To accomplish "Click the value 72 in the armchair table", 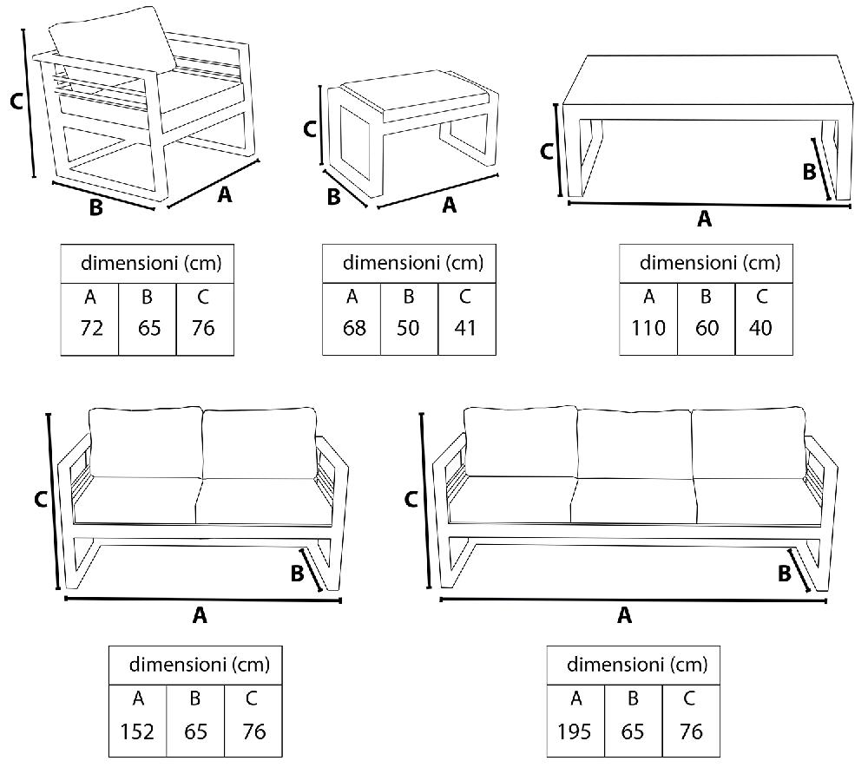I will click(89, 329).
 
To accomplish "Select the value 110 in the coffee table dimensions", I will click(648, 329).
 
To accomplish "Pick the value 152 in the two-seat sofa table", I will click(138, 731).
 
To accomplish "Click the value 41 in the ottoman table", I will click(465, 329).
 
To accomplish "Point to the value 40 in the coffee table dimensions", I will click(763, 329).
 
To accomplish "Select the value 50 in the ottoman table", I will click(408, 329).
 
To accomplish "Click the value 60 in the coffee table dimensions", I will click(706, 329).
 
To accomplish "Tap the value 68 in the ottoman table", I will click(352, 329).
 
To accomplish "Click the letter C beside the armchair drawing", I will click(15, 102).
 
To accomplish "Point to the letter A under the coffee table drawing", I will click(704, 220).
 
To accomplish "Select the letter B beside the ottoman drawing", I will click(333, 198).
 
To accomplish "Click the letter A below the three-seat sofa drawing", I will click(623, 615).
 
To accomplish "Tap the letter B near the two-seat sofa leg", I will click(297, 574).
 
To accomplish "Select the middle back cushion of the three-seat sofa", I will click(634, 442).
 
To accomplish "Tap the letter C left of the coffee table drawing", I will click(546, 152).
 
